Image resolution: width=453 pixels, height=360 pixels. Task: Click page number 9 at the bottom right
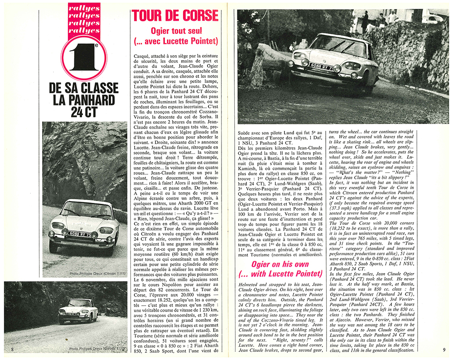coord(444,349)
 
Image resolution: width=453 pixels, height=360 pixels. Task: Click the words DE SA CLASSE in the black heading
coord(84,88)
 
